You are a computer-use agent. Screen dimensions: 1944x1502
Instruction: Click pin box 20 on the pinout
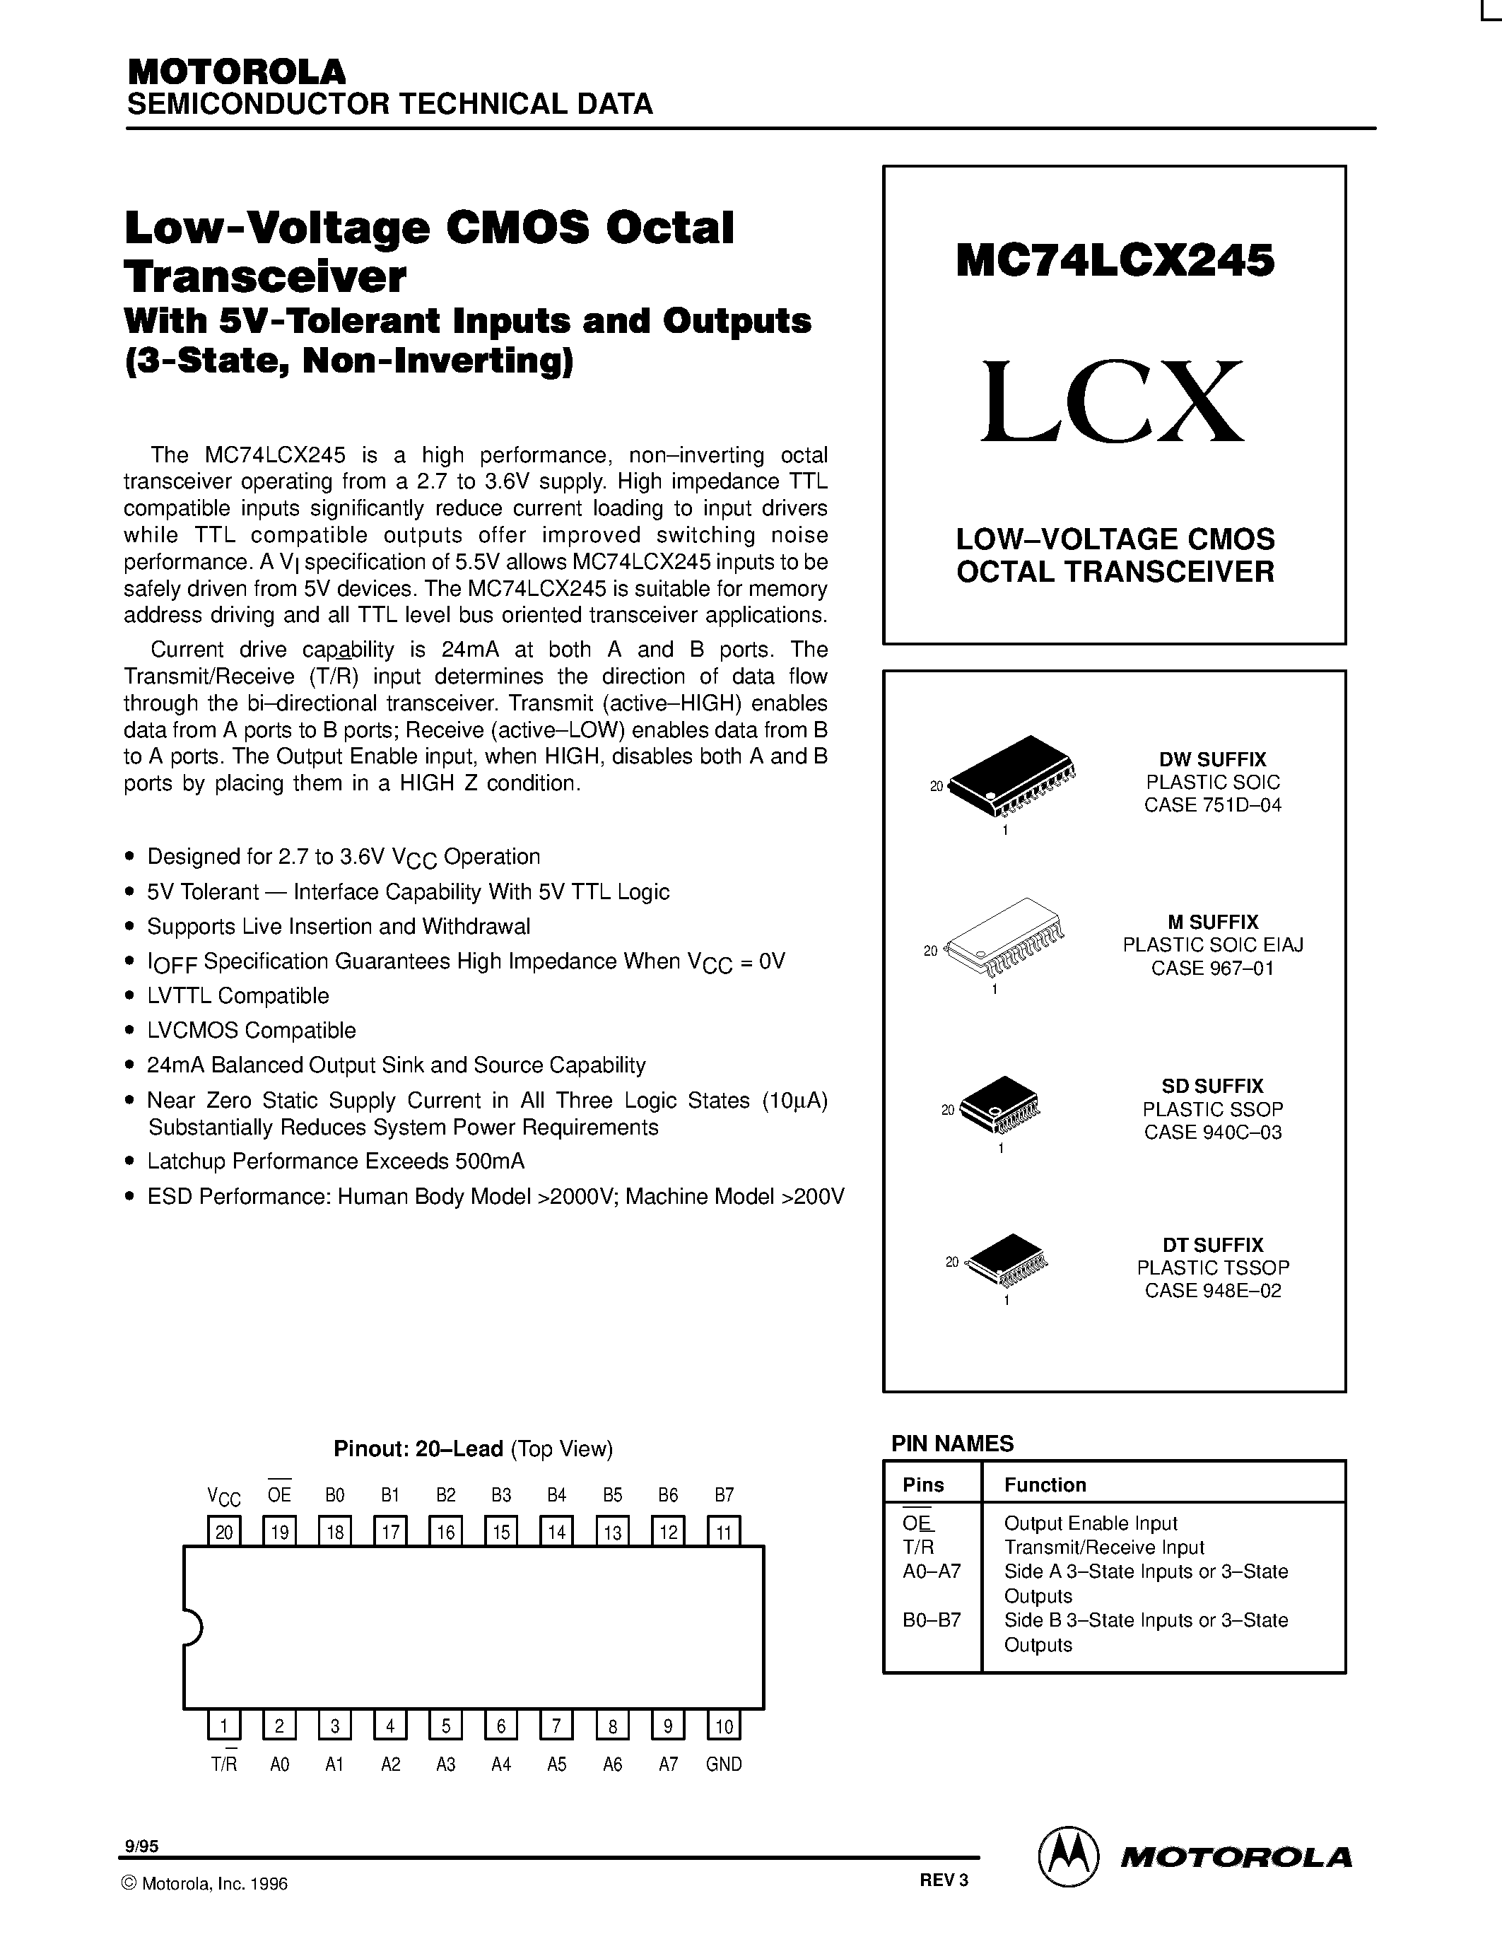[223, 1532]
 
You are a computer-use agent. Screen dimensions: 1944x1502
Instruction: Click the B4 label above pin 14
[557, 1495]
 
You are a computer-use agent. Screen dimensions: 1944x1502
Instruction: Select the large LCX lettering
[1113, 403]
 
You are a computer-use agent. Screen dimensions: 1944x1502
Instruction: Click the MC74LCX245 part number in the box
[1115, 262]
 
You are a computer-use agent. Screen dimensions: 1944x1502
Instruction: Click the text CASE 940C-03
[1212, 1132]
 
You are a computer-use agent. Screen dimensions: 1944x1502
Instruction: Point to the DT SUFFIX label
[1212, 1244]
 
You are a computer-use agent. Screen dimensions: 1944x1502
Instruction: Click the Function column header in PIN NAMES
[1045, 1485]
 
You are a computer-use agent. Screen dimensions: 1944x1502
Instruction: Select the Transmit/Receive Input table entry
[1103, 1547]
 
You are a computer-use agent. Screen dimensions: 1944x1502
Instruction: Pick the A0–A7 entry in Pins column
[931, 1571]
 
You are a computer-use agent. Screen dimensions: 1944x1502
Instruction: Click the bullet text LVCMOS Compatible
[251, 1031]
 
